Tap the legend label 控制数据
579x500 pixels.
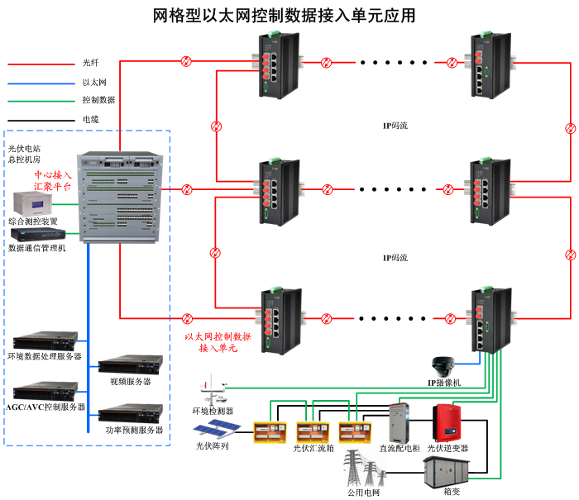(x=98, y=100)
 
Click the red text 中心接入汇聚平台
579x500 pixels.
(x=53, y=182)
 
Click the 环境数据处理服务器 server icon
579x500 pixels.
(x=45, y=340)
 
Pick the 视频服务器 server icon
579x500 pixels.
(x=130, y=364)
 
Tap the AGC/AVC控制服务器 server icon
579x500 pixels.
(x=45, y=389)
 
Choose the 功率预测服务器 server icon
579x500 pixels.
(x=130, y=412)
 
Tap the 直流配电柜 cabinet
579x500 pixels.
(x=404, y=422)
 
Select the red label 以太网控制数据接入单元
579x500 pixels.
(x=218, y=343)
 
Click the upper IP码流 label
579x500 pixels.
(x=395, y=126)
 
